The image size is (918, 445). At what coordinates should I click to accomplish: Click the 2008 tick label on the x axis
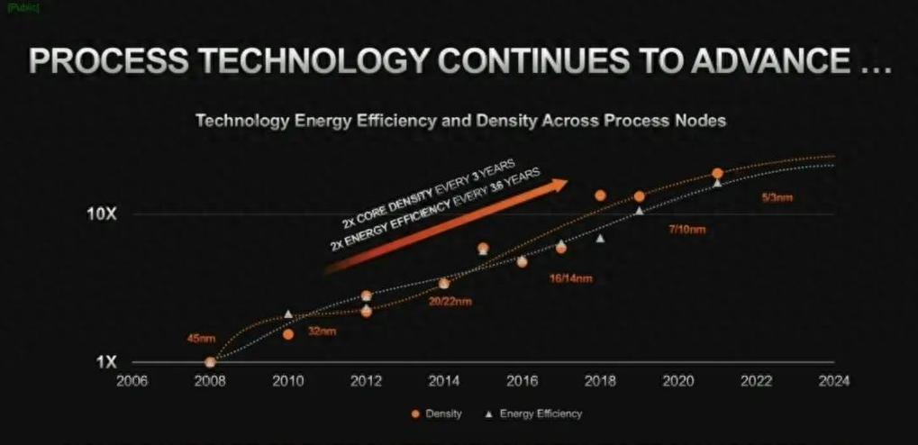pyautogui.click(x=210, y=381)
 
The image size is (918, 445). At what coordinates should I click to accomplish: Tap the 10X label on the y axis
pyautogui.click(x=101, y=213)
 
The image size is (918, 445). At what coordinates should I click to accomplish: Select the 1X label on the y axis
pyautogui.click(x=106, y=362)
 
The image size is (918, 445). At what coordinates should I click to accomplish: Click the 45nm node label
pyautogui.click(x=202, y=340)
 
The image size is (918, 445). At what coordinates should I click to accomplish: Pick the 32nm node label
pyautogui.click(x=322, y=331)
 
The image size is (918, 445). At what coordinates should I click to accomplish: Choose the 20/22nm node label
pyautogui.click(x=450, y=301)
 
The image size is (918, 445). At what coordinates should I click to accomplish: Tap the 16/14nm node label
pyautogui.click(x=570, y=277)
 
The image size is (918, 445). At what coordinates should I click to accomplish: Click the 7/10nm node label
pyautogui.click(x=686, y=230)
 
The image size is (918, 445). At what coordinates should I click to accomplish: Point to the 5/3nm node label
pyautogui.click(x=777, y=197)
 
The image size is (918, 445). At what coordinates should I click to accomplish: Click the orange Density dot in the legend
pyautogui.click(x=416, y=414)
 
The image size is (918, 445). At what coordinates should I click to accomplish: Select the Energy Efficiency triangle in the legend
pyautogui.click(x=486, y=414)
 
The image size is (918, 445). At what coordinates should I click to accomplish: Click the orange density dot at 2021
pyautogui.click(x=717, y=173)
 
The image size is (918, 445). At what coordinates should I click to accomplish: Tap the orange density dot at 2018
pyautogui.click(x=600, y=195)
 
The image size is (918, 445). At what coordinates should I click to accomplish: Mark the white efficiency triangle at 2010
pyautogui.click(x=288, y=313)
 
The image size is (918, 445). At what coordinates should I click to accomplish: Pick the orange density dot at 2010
pyautogui.click(x=288, y=334)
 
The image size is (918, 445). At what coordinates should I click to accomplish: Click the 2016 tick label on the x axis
pyautogui.click(x=521, y=381)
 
